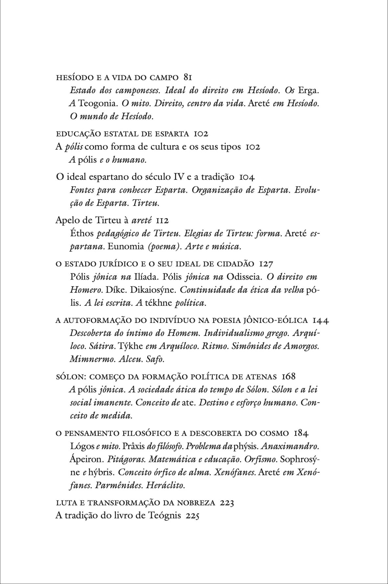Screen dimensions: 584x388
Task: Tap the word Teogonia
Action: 97,103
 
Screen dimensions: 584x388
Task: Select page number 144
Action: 321,320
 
